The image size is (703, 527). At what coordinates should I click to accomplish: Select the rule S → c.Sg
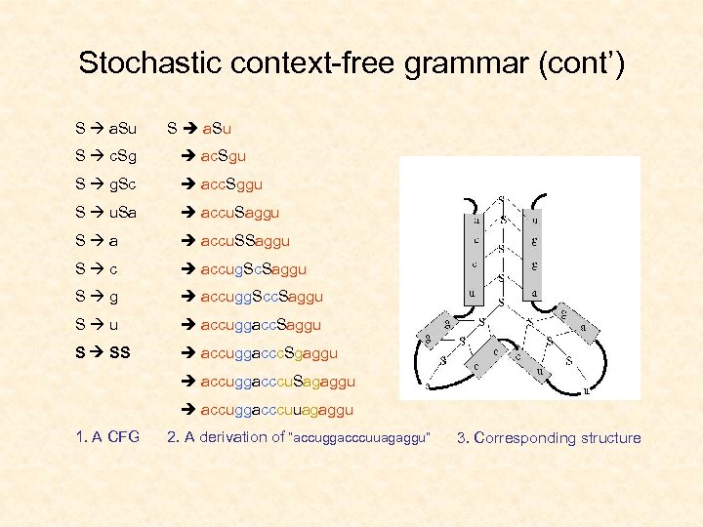106,155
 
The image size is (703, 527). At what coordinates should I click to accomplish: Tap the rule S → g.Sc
106,183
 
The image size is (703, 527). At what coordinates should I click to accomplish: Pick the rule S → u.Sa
106,212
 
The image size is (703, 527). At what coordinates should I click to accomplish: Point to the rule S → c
97,268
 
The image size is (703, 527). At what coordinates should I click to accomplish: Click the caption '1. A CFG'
107,437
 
